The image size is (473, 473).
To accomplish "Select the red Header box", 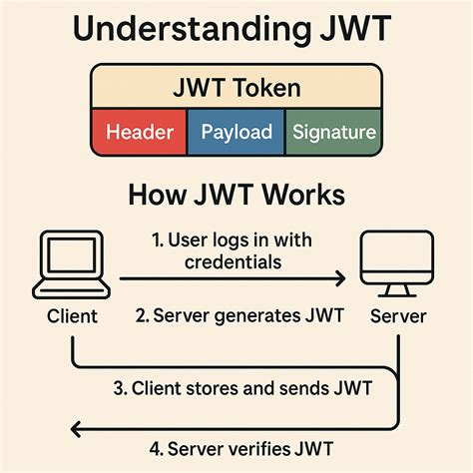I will point(139,132).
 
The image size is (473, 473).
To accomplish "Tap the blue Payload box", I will point(236,132).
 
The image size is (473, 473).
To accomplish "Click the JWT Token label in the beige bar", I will point(236,89).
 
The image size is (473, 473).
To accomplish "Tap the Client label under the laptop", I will point(71,317).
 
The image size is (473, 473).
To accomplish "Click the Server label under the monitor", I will point(398,317).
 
